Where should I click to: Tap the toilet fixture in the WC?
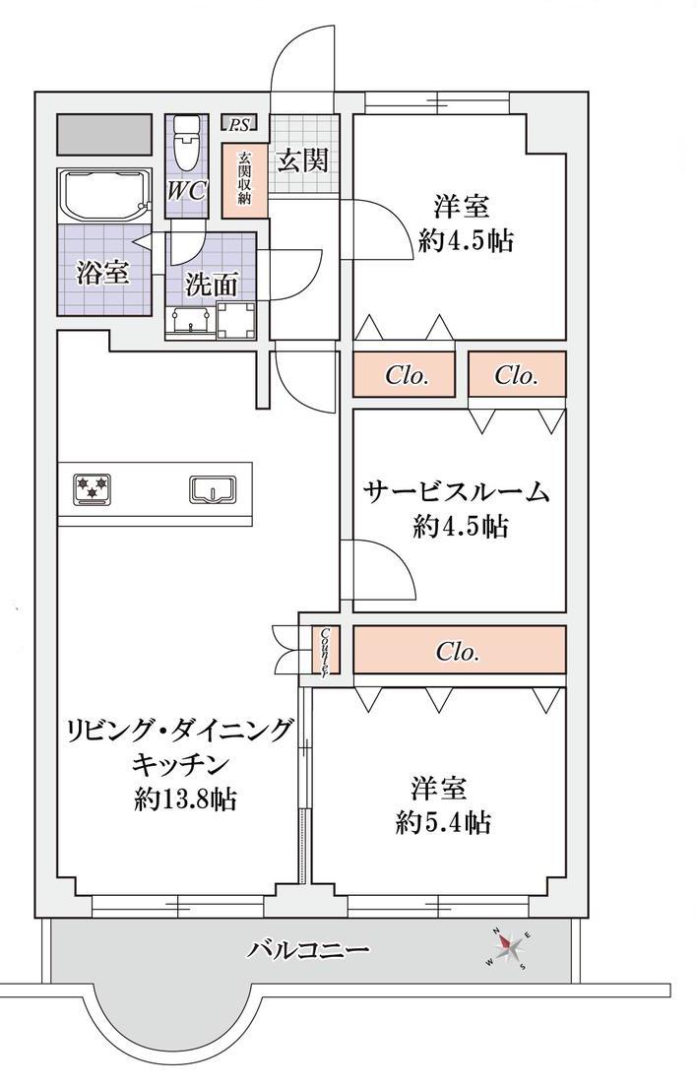185,142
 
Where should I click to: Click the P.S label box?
239,124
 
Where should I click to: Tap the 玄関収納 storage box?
243,179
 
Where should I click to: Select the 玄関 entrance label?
302,160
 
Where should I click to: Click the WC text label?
186,190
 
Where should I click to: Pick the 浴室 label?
102,272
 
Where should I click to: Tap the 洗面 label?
212,285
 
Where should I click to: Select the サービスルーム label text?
457,492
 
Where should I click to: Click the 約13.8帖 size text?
185,799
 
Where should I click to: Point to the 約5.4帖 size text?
444,823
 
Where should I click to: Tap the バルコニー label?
307,949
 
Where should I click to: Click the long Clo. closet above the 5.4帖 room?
460,651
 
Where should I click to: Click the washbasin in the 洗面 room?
190,322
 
